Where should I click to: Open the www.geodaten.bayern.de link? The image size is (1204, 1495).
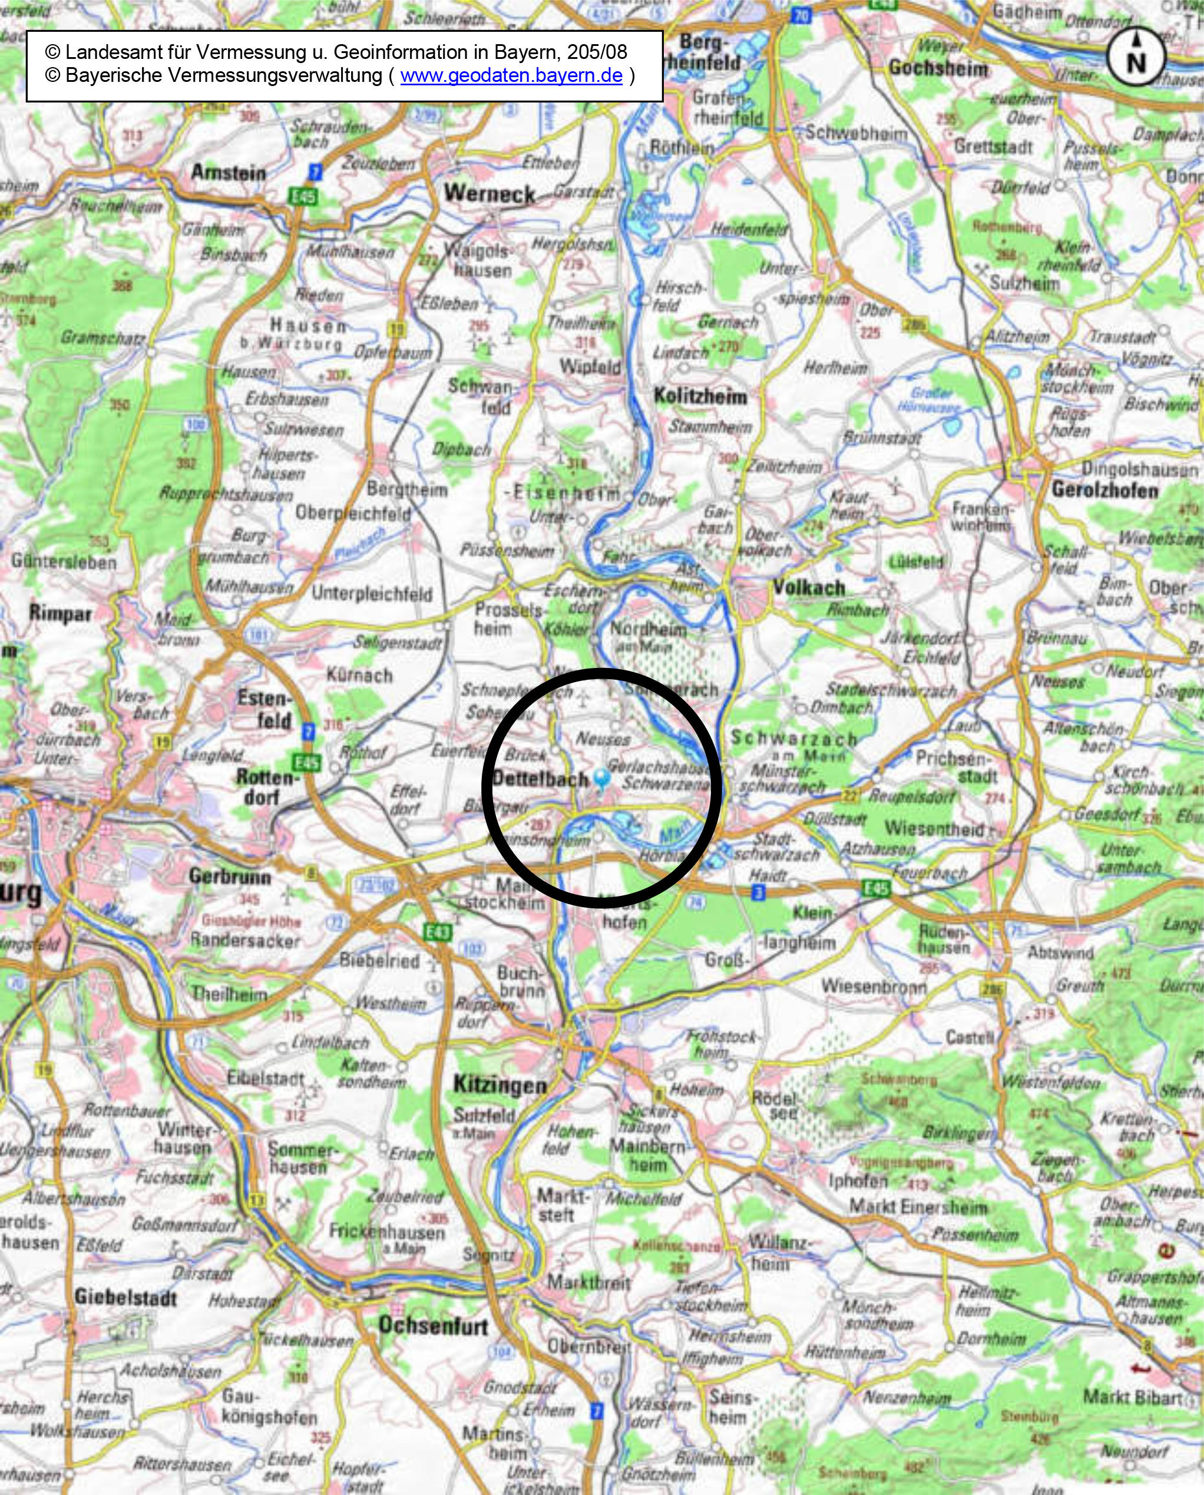point(511,75)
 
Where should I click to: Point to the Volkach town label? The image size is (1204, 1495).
point(809,587)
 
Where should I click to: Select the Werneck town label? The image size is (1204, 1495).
point(489,193)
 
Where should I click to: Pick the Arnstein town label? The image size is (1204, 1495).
point(228,172)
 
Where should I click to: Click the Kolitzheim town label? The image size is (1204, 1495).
point(700,396)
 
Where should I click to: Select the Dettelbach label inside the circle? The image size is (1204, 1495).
point(540,779)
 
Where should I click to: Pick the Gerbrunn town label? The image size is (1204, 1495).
point(230,877)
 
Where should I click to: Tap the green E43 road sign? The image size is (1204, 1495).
point(438,932)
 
